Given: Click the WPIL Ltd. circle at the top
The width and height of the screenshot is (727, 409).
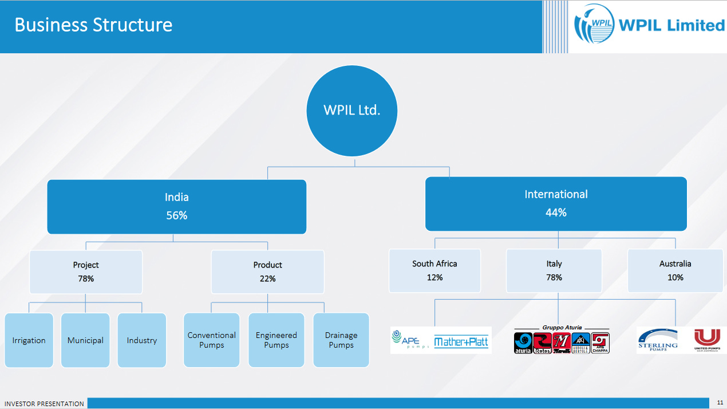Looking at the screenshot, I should click(x=351, y=111).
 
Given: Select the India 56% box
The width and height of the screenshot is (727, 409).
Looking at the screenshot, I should click(x=176, y=207).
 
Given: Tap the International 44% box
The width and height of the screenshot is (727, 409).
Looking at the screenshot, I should click(x=555, y=203).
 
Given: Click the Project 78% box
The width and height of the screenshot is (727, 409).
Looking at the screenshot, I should click(x=86, y=272).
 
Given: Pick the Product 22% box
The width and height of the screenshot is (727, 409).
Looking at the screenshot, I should click(x=267, y=272).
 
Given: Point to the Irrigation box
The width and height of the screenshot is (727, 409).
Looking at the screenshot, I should click(x=29, y=340).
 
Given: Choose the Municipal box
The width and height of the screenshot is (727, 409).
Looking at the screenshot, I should click(x=85, y=340).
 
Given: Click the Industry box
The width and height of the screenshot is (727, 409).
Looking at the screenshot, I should click(x=141, y=340).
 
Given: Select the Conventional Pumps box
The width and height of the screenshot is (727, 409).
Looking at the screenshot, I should click(x=211, y=340).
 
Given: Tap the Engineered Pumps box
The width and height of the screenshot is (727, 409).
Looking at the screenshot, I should click(x=276, y=340).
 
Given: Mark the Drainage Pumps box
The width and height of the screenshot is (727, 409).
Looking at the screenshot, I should click(x=341, y=340).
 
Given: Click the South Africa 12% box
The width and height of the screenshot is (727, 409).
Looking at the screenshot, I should click(x=434, y=270).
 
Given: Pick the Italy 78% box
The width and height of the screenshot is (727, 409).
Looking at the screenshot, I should click(x=554, y=270).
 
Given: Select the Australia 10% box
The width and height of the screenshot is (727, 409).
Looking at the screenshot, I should click(x=675, y=270).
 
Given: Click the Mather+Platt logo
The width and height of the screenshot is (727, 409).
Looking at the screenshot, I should click(x=461, y=342).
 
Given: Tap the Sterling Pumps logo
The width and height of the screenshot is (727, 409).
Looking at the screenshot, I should click(x=658, y=339).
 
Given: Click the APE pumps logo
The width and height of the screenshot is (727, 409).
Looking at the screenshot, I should click(x=410, y=340).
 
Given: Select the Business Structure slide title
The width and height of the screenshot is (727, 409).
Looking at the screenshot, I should click(x=93, y=25).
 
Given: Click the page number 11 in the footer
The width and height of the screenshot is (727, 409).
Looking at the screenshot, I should click(x=720, y=403).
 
